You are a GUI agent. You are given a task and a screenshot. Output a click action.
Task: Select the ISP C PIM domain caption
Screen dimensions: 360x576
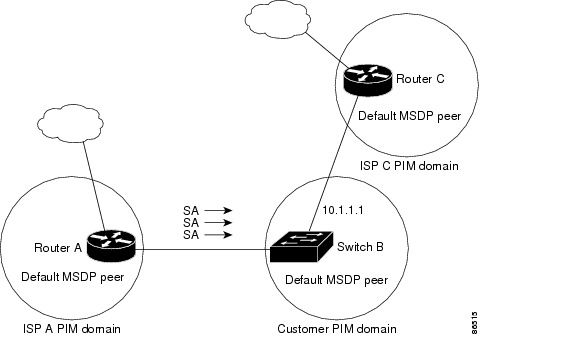point(409,166)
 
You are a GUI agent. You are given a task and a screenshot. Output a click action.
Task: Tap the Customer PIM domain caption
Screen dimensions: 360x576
point(336,328)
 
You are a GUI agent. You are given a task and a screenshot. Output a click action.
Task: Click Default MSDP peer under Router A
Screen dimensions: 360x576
point(72,277)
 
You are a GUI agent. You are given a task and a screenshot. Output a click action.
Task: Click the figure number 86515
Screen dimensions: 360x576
point(558,321)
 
